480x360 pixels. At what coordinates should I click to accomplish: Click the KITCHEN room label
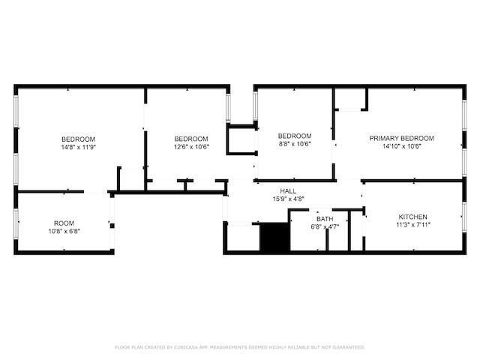[413, 216]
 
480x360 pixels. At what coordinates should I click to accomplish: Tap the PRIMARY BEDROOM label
[401, 138]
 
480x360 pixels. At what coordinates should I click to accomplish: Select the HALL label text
[288, 191]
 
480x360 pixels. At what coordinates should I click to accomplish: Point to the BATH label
[325, 219]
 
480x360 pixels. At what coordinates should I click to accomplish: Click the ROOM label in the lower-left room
[64, 223]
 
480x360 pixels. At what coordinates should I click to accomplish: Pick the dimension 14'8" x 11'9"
[78, 147]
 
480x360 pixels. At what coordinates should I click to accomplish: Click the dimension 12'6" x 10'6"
[191, 147]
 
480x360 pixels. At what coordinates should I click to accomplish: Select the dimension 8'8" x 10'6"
[295, 144]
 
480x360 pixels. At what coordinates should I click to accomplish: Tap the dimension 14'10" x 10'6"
[401, 146]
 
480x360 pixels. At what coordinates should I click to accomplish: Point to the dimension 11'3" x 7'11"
[413, 224]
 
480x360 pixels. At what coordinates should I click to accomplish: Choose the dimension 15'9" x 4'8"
[288, 199]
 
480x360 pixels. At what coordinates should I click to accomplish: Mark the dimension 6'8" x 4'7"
[325, 226]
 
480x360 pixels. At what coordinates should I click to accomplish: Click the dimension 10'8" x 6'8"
[64, 231]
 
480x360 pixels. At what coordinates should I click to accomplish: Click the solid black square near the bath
[274, 238]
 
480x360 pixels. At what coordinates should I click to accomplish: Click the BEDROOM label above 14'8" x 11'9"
[78, 139]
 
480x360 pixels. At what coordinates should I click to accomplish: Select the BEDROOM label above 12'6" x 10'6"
[191, 139]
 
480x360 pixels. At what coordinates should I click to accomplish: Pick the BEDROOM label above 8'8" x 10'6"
[295, 136]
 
